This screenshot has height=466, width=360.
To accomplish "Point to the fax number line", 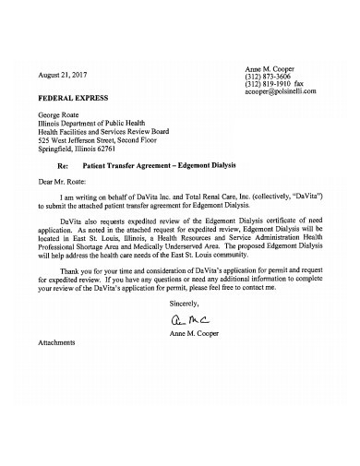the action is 280,84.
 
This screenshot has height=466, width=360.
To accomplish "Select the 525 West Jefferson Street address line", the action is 102,139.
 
